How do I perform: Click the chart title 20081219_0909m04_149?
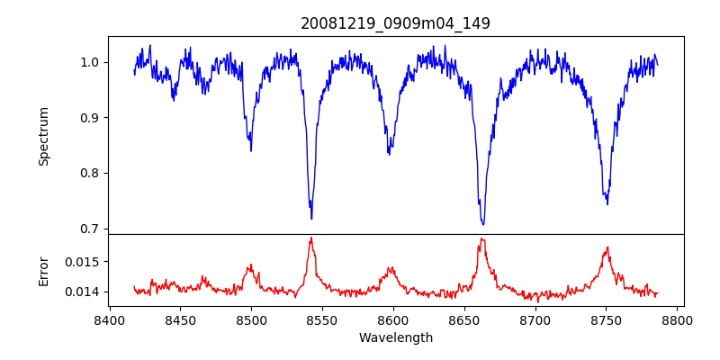coord(395,23)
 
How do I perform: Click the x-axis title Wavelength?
coord(395,337)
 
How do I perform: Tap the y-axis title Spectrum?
coord(43,136)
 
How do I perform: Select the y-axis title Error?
coord(43,271)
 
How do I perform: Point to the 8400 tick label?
coord(109,319)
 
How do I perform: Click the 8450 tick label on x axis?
coord(180,319)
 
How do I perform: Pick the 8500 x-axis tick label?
coord(251,319)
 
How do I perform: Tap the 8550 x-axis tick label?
coord(322,319)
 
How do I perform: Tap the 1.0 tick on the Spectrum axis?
coord(94,62)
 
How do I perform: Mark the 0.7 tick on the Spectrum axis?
coord(94,229)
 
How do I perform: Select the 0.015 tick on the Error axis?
coord(86,261)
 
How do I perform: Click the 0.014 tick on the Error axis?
coord(86,292)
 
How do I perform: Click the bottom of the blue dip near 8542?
coord(311,219)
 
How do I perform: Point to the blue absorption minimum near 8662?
coord(483,224)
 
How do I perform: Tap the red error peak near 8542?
coord(311,238)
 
